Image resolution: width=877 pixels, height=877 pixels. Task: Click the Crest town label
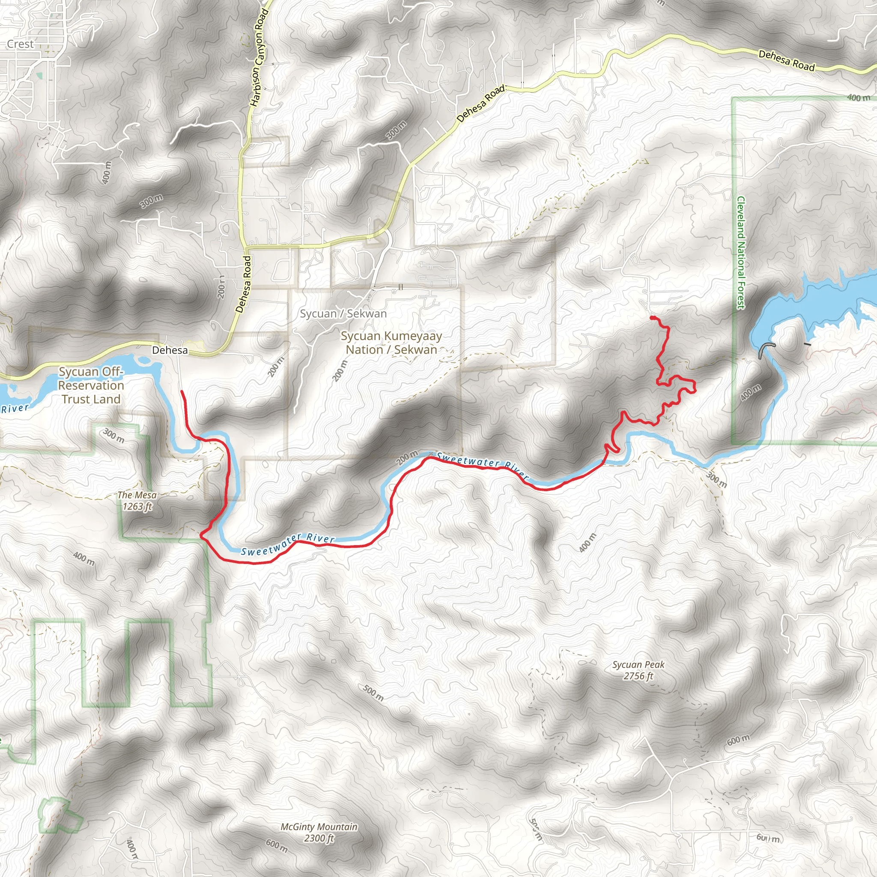(21, 44)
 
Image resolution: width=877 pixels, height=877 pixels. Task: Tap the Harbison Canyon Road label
(259, 58)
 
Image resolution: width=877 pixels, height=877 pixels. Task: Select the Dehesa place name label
(170, 350)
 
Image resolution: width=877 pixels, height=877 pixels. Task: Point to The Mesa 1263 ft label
(137, 501)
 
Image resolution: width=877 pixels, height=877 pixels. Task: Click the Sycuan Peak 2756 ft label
(638, 670)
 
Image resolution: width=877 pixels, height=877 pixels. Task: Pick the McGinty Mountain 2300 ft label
(319, 832)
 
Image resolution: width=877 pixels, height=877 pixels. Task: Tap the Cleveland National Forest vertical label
(741, 253)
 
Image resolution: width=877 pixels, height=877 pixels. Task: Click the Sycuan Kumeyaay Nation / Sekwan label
(391, 343)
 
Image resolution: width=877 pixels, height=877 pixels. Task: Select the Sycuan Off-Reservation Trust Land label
(91, 385)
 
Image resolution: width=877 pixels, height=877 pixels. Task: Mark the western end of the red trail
(182, 391)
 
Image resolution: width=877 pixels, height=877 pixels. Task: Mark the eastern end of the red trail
(652, 317)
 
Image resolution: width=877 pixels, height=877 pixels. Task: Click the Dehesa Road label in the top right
(787, 60)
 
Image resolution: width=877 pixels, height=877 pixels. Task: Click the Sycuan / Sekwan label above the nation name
(343, 313)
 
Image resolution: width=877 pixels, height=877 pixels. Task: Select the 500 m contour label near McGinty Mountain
(373, 693)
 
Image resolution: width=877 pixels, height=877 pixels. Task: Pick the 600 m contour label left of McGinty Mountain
(277, 846)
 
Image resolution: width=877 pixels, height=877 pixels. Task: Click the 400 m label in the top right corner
(859, 98)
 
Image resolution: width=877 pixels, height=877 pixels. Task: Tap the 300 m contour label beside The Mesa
(113, 436)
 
